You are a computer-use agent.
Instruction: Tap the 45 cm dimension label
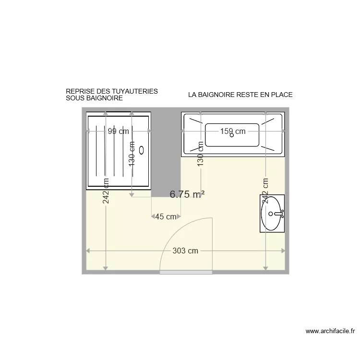point(166,216)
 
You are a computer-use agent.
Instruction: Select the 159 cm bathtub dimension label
point(233,131)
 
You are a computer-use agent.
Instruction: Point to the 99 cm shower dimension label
point(118,131)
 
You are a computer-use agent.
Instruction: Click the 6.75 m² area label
point(187,194)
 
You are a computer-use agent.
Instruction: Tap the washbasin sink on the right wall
point(273,213)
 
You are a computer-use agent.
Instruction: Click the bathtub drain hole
point(232,135)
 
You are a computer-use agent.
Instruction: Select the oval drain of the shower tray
point(142,150)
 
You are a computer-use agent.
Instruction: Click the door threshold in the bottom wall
point(186,272)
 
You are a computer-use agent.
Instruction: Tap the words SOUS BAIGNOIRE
point(95,98)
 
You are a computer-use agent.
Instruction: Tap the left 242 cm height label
point(106,192)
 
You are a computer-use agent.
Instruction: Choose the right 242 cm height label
point(265,192)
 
